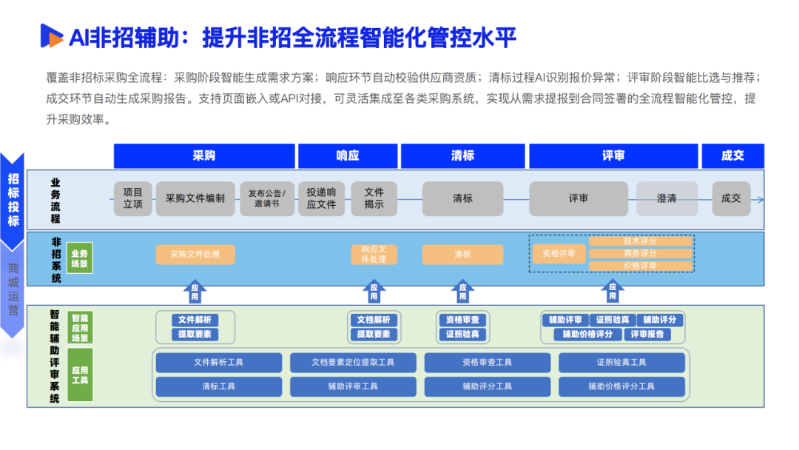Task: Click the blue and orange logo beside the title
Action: (52, 35)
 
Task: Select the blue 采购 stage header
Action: (204, 155)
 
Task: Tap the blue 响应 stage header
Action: (347, 155)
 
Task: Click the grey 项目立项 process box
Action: (133, 198)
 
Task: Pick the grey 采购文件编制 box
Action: (195, 198)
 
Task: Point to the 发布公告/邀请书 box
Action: (267, 198)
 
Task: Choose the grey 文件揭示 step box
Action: (374, 198)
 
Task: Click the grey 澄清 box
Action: (667, 198)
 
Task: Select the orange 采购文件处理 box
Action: (195, 254)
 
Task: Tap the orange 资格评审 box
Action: (559, 254)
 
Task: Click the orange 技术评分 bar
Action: (641, 241)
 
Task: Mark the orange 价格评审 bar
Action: (641, 266)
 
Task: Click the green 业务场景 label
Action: (79, 258)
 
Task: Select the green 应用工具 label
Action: (79, 375)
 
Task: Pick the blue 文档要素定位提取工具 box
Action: (353, 363)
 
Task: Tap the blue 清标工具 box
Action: (218, 386)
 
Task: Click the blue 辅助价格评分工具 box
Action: (621, 386)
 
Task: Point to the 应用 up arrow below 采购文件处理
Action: (195, 292)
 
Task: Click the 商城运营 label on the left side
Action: (13, 289)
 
